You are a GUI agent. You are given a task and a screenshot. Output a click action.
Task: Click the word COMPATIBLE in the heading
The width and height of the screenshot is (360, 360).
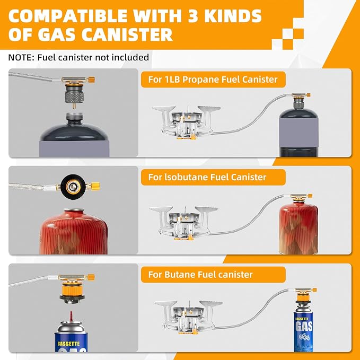click(x=67, y=16)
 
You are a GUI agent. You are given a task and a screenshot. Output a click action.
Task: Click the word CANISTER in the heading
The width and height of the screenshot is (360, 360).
click(x=127, y=34)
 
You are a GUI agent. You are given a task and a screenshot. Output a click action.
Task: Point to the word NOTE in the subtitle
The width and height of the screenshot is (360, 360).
click(x=21, y=57)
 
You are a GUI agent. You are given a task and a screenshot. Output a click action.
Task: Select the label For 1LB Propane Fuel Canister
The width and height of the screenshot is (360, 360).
click(x=213, y=80)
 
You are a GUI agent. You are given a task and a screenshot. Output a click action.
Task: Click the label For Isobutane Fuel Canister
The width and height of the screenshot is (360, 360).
click(x=207, y=177)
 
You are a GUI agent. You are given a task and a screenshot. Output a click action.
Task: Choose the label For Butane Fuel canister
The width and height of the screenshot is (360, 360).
click(x=200, y=275)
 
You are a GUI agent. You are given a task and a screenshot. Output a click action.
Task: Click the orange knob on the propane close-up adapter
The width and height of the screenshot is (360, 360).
click(x=91, y=80)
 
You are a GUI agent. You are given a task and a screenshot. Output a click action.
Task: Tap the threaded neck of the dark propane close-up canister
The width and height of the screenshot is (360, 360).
click(x=74, y=117)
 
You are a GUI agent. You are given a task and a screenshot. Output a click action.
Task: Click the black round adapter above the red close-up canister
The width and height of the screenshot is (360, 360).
click(x=73, y=186)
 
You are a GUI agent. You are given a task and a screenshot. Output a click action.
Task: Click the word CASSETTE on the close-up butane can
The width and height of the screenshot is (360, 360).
click(x=68, y=344)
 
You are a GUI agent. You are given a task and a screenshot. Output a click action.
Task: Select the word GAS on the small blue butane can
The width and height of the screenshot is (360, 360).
click(x=304, y=326)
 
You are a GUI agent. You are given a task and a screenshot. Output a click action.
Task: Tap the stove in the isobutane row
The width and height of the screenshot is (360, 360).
click(x=183, y=223)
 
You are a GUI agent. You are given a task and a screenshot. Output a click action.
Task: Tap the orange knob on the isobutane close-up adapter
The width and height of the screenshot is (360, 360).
click(x=96, y=186)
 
